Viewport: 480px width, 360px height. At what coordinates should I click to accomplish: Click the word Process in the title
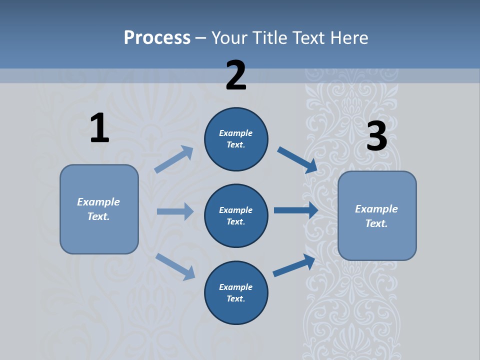(157, 37)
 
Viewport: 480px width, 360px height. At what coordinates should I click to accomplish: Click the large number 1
(99, 128)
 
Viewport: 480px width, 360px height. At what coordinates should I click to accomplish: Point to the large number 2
(236, 75)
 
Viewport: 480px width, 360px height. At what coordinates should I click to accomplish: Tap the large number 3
(376, 136)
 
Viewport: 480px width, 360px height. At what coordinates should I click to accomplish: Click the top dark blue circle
(236, 139)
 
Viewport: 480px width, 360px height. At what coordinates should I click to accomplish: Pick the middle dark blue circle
(236, 215)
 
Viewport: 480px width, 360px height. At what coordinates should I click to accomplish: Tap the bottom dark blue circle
(236, 292)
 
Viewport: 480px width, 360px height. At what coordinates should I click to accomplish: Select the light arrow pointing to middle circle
(175, 211)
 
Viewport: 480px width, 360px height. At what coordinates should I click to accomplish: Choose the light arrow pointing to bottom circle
(175, 266)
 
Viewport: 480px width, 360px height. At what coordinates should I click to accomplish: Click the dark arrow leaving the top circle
(297, 159)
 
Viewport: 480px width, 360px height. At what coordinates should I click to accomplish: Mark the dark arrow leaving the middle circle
(296, 210)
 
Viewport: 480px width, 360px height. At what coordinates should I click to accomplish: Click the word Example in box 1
(98, 202)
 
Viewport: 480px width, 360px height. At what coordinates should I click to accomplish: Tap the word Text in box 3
(376, 223)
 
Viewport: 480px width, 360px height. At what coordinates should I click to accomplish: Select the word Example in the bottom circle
(236, 287)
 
